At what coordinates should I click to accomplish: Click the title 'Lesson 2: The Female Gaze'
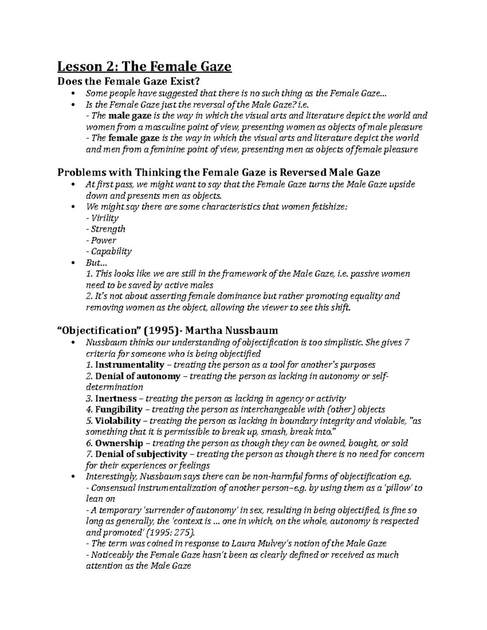[x=144, y=66]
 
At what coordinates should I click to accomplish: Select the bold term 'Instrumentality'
[x=129, y=364]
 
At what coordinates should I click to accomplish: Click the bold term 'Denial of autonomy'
[x=138, y=376]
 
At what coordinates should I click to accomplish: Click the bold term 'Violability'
[x=118, y=421]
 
